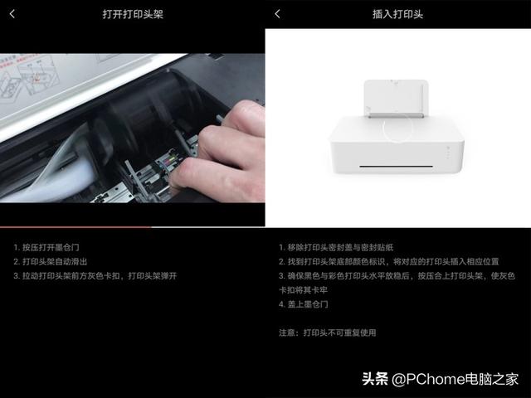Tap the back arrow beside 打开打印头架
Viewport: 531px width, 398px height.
pyautogui.click(x=12, y=14)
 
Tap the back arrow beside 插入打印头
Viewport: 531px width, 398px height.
pyautogui.click(x=277, y=14)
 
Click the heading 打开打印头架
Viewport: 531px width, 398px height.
pyautogui.click(x=133, y=14)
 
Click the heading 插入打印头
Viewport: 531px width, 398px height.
pyautogui.click(x=397, y=14)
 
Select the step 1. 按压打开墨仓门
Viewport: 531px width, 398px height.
pyautogui.click(x=46, y=247)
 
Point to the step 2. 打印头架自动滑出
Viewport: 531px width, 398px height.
pyautogui.click(x=51, y=262)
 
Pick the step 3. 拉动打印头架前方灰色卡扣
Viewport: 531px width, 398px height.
pyautogui.click(x=95, y=276)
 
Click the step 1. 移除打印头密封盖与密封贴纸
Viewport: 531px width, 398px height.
pyautogui.click(x=336, y=247)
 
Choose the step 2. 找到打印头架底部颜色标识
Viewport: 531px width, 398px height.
pyautogui.click(x=389, y=262)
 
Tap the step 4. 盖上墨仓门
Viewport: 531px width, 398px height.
pyautogui.click(x=304, y=304)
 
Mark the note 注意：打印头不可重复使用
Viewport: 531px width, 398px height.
pyautogui.click(x=328, y=332)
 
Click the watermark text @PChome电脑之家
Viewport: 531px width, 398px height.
pyautogui.click(x=455, y=379)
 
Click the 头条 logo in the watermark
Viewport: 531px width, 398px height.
pyautogui.click(x=375, y=379)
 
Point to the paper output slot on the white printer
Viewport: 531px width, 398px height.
pyautogui.click(x=396, y=167)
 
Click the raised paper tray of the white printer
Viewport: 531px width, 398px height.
pyautogui.click(x=396, y=99)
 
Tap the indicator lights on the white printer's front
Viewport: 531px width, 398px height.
pyautogui.click(x=448, y=153)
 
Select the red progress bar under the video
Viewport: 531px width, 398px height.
pyautogui.click(x=76, y=227)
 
